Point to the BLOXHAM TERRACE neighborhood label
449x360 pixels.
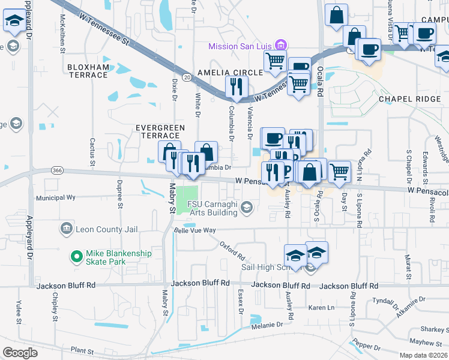click(88, 71)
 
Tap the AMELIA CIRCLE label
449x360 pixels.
click(230, 72)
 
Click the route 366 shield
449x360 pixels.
click(58, 170)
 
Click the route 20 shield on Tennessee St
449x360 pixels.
click(187, 77)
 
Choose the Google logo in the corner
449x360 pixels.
click(20, 352)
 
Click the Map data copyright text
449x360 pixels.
click(423, 355)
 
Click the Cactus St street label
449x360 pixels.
click(92, 151)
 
